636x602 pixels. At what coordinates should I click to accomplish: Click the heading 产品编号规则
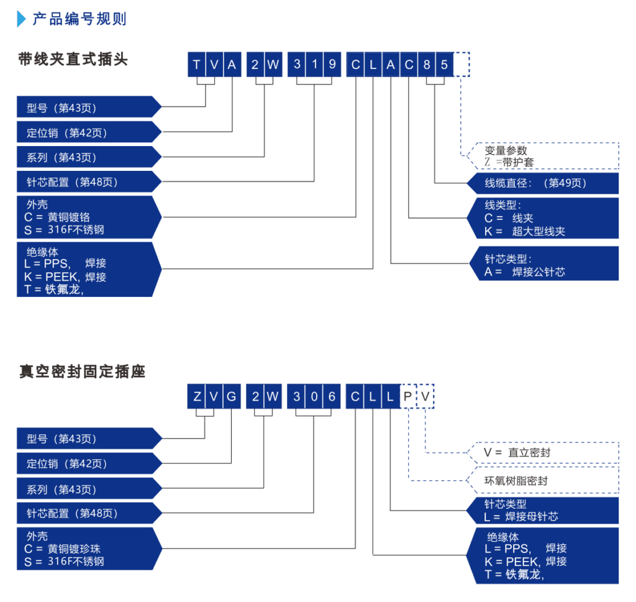point(79,19)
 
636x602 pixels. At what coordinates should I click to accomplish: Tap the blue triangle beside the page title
point(22,19)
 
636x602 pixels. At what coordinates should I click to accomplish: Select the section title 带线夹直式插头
point(73,60)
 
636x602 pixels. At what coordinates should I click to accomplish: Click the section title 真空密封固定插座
point(82,372)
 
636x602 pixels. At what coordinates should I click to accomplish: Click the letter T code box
point(196,65)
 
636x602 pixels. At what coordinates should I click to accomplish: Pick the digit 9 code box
point(332,65)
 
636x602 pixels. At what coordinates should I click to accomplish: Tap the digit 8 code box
point(426,65)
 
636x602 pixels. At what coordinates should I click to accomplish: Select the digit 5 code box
point(443,65)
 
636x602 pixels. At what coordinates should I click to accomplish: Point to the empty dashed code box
point(461,65)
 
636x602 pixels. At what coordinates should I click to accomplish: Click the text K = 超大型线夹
point(525,232)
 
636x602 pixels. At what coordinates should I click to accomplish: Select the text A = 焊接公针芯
point(525,271)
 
